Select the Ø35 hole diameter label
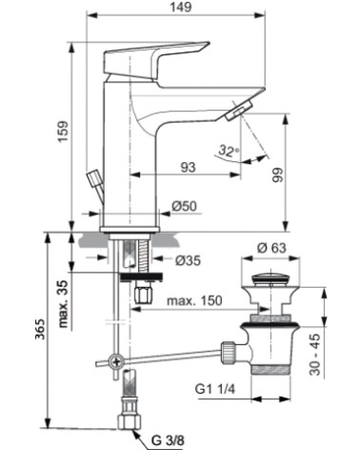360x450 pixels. tap(187, 257)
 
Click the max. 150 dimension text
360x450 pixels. tap(196, 302)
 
